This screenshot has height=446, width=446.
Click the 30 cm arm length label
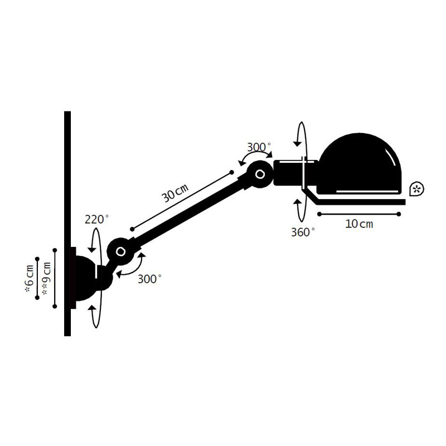point(175,193)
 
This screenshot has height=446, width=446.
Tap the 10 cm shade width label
point(359,224)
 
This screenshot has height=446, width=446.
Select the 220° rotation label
point(96,220)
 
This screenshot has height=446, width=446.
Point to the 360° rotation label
point(303,232)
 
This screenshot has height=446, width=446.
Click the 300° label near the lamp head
point(259,147)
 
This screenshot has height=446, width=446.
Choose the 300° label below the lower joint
point(149,279)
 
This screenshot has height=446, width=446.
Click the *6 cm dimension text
point(30,279)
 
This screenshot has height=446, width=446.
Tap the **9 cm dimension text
point(46,278)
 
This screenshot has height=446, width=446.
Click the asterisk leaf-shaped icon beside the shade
point(416,189)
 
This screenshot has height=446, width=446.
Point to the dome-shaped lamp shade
point(359,163)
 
